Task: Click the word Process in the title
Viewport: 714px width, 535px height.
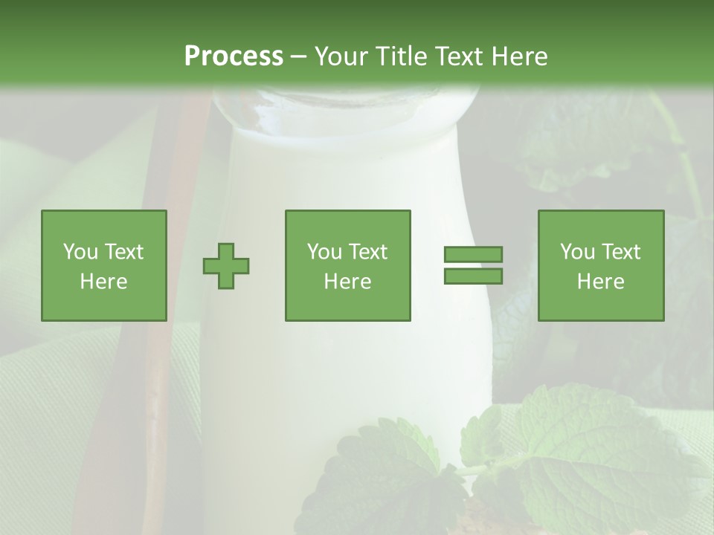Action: tap(234, 56)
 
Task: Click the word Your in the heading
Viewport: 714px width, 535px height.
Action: tap(340, 56)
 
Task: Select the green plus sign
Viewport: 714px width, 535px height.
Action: tap(226, 266)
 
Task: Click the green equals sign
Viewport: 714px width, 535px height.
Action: tap(473, 265)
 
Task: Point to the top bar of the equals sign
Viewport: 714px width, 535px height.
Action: tap(473, 255)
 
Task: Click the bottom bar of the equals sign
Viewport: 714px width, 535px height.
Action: tap(473, 276)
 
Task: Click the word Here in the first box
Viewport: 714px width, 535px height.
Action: tap(103, 282)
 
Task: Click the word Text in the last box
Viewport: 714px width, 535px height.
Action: tap(622, 252)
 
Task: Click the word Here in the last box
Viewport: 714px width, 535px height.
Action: tap(600, 282)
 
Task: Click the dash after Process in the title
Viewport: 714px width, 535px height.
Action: tap(298, 57)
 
